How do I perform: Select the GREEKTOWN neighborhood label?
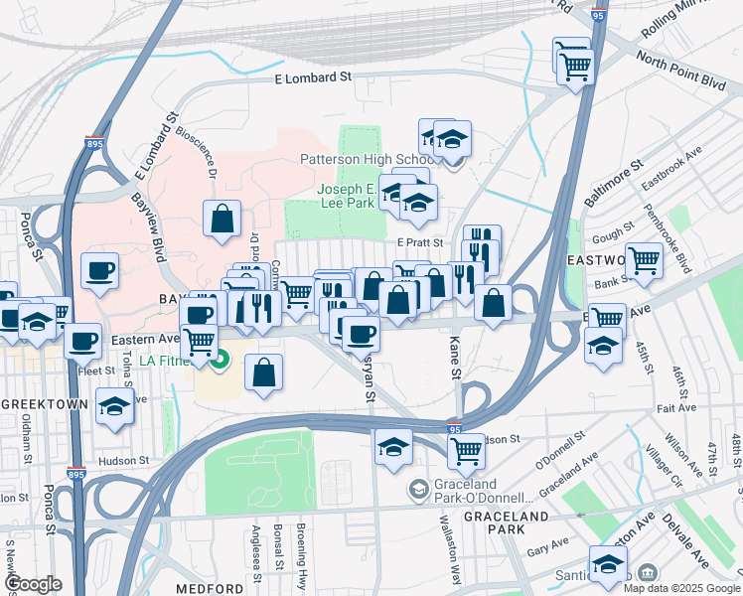[41, 405]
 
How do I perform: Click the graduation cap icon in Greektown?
[115, 405]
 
